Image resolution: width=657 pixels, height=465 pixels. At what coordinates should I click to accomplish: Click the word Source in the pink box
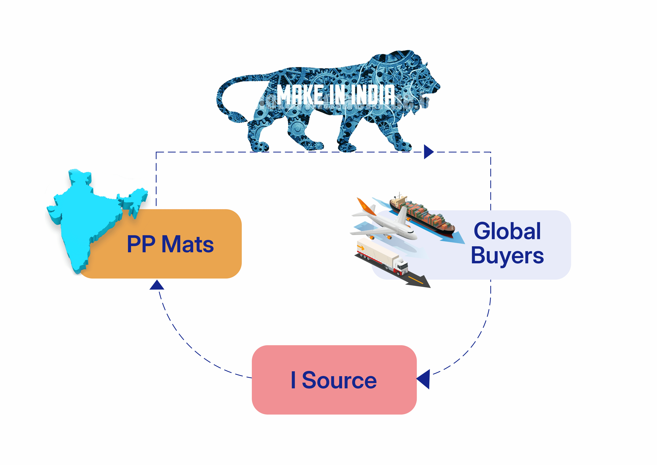(339, 380)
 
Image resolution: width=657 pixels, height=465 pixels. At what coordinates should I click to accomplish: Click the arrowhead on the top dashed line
(429, 152)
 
